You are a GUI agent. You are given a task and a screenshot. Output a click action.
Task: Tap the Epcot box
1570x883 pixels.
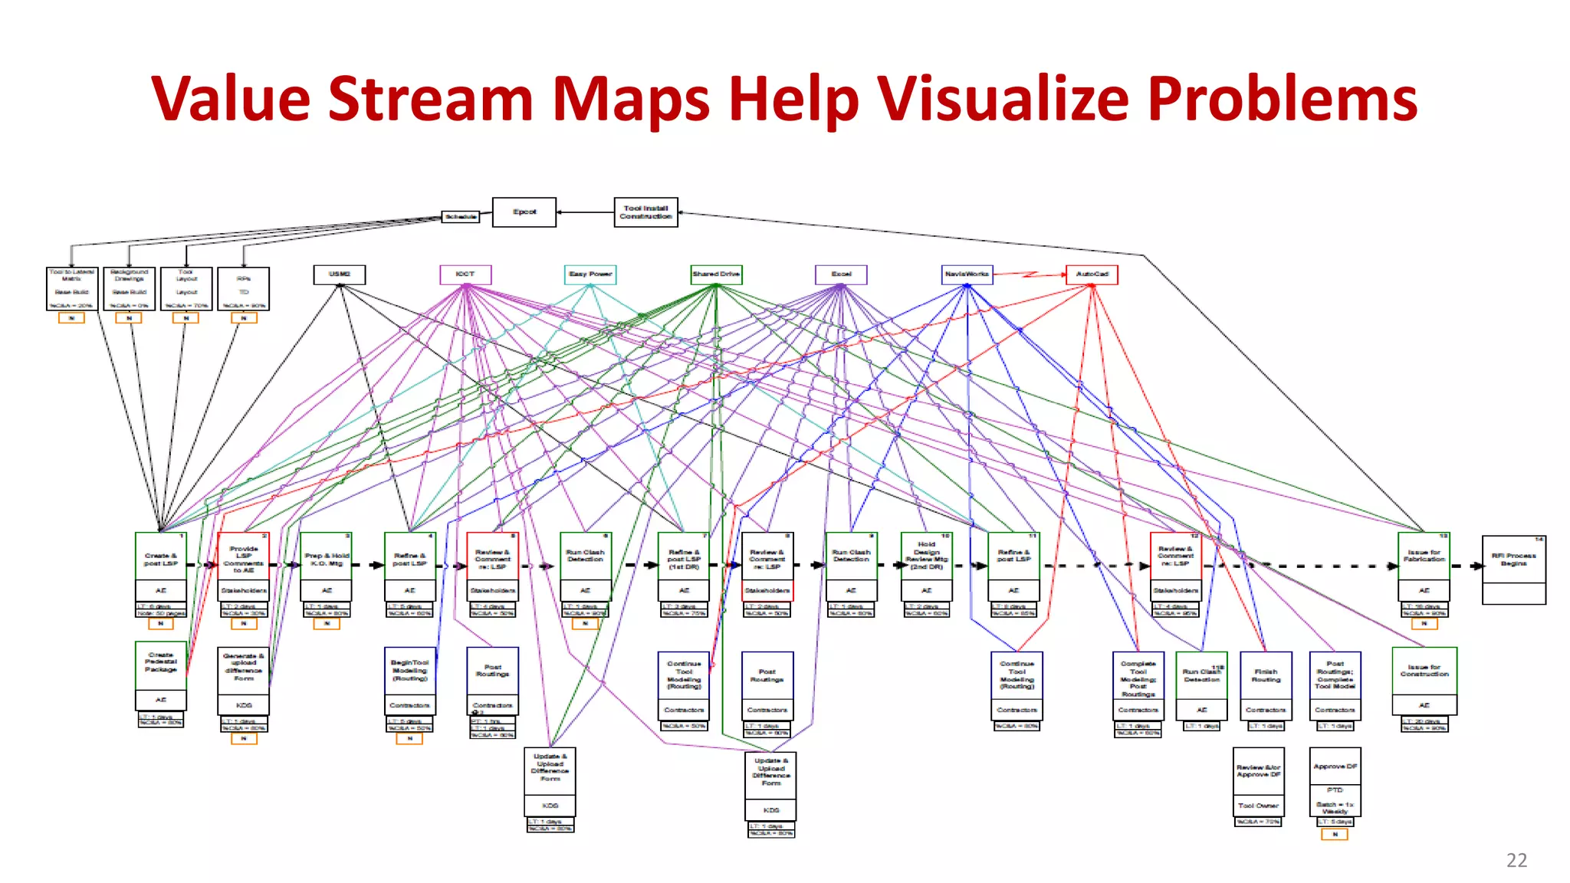[x=524, y=212]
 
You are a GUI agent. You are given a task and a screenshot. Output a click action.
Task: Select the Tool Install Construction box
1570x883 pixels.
[x=645, y=212]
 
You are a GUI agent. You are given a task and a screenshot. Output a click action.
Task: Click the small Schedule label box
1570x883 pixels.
[x=461, y=217]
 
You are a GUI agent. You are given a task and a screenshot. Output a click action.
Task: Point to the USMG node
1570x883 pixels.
[x=340, y=274]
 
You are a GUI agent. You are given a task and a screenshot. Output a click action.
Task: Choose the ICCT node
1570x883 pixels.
[x=465, y=274]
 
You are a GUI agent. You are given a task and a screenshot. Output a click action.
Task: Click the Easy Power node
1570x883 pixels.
[x=590, y=274]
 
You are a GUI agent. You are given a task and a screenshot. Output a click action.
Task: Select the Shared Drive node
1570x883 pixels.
[x=716, y=274]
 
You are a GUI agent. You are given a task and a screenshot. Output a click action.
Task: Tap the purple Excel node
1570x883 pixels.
[x=841, y=274]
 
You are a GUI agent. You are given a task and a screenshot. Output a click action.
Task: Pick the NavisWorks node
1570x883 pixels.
[x=967, y=274]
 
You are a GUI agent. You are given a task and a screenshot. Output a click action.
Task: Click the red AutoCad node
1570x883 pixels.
[x=1092, y=274]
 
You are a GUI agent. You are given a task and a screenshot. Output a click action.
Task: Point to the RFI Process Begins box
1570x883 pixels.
[x=1513, y=560]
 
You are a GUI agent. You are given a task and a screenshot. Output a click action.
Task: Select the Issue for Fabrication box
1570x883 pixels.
[x=1424, y=556]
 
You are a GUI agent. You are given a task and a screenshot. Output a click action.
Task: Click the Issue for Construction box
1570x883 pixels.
[x=1424, y=671]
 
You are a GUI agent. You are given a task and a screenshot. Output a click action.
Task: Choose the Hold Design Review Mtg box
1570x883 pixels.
[x=926, y=556]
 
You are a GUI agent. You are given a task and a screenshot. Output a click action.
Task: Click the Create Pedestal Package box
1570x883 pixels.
[x=161, y=664]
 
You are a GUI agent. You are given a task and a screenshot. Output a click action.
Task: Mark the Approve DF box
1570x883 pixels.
[x=1335, y=766]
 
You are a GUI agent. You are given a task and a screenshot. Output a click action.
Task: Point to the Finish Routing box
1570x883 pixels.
[x=1266, y=675]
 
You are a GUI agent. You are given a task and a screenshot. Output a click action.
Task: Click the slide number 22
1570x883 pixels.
[x=1516, y=861]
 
